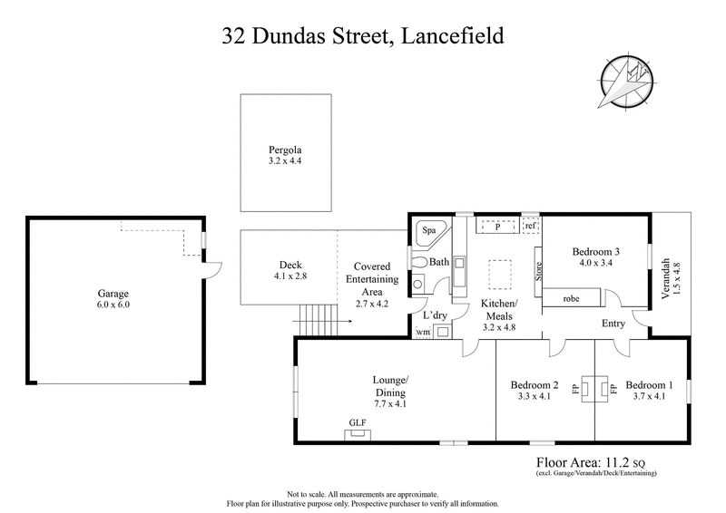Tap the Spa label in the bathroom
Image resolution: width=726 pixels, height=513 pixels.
click(427, 231)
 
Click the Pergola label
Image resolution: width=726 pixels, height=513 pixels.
click(284, 149)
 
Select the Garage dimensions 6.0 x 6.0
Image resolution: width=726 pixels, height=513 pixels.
click(114, 305)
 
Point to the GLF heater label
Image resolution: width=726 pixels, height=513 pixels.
click(357, 423)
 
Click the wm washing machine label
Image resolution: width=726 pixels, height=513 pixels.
click(422, 333)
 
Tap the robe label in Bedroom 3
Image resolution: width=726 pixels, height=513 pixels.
click(572, 298)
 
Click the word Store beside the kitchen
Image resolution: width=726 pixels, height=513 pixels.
click(538, 271)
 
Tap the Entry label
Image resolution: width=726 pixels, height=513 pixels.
click(613, 323)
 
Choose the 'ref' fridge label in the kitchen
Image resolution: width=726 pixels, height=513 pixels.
click(531, 226)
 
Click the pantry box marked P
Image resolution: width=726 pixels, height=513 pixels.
click(496, 226)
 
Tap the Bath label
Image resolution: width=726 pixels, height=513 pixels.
click(439, 262)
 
